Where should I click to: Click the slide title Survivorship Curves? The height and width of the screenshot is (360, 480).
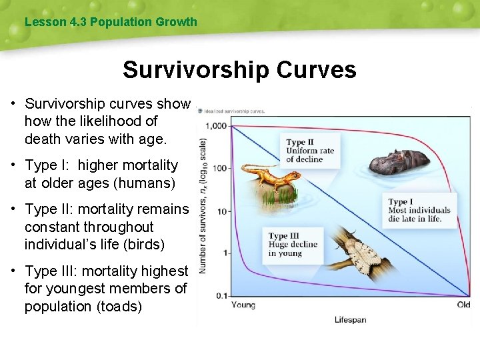[x=239, y=69]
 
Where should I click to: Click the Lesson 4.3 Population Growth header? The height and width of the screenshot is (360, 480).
[x=111, y=22]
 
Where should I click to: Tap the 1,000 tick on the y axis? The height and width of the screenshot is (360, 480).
[x=216, y=125]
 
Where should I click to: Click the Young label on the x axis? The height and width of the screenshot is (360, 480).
[x=243, y=305]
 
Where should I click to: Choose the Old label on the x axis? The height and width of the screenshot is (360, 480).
[x=463, y=305]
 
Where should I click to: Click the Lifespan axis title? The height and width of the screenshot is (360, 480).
[x=350, y=320]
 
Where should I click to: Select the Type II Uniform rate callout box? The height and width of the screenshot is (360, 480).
[x=311, y=151]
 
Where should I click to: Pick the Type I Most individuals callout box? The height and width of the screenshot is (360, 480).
[x=420, y=211]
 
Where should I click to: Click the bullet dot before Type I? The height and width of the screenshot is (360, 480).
[x=13, y=165]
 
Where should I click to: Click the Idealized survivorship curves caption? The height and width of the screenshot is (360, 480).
[x=235, y=111]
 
